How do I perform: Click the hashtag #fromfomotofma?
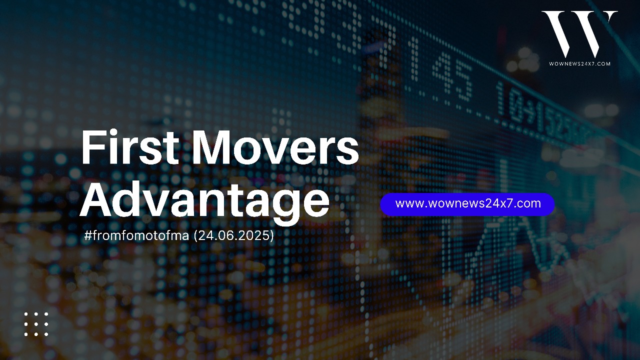tap(136, 235)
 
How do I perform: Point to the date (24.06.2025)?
tap(233, 235)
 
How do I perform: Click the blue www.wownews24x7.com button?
tap(467, 204)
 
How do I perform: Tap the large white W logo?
tap(579, 33)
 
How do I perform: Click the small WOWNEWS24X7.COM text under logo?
tap(579, 63)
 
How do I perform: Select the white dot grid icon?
tap(36, 324)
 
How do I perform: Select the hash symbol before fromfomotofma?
tap(87, 235)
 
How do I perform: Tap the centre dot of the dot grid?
tap(36, 324)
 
